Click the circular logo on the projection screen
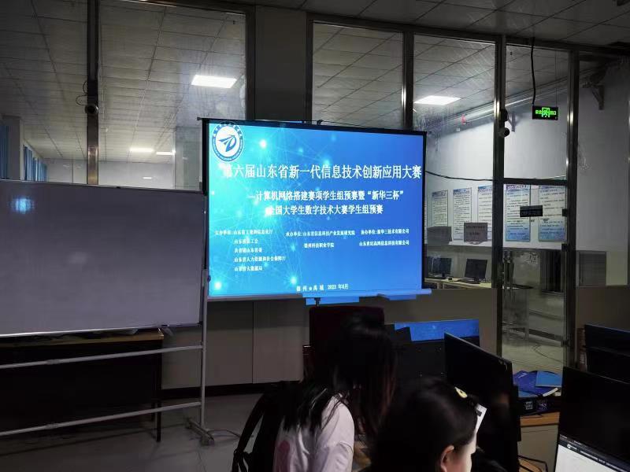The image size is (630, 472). (231, 144)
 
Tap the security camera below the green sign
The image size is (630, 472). (503, 130)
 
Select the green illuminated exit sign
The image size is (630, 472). (544, 112)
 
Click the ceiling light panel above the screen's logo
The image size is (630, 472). (213, 81)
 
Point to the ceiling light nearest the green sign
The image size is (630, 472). (436, 100)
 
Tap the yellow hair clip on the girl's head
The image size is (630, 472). (460, 393)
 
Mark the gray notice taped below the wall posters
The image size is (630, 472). (475, 231)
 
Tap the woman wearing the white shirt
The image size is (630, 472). (323, 409)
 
